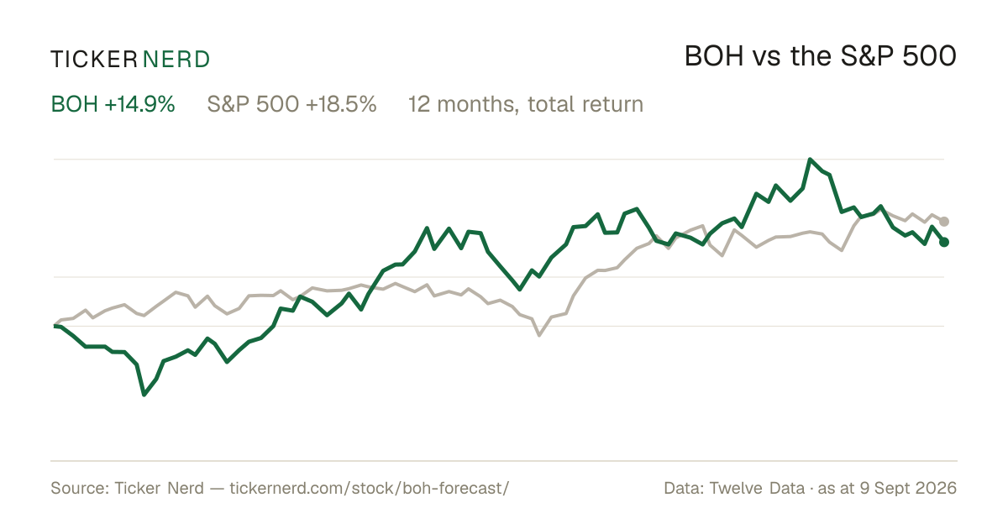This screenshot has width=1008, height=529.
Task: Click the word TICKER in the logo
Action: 93,60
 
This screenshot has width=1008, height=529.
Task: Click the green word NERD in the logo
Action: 176,60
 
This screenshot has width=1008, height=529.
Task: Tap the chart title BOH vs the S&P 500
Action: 821,56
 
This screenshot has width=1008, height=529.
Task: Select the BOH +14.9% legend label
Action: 113,104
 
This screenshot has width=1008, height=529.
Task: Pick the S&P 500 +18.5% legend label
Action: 291,104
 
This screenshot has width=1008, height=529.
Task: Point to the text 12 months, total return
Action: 526,104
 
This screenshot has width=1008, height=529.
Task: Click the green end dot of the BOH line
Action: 944,242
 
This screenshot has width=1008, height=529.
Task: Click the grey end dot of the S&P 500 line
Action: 944,222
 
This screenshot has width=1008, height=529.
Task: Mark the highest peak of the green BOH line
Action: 810,160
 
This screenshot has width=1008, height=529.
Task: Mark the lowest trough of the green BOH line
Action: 144,395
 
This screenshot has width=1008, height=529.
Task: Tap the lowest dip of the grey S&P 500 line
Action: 539,335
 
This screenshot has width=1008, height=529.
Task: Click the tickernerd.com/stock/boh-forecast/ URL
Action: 370,488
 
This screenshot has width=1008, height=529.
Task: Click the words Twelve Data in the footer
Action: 757,488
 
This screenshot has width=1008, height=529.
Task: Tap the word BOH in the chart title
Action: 714,56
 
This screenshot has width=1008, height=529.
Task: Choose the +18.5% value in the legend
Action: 341,104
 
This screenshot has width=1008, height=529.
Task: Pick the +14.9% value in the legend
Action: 139,104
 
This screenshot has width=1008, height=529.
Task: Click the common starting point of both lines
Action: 55,326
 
